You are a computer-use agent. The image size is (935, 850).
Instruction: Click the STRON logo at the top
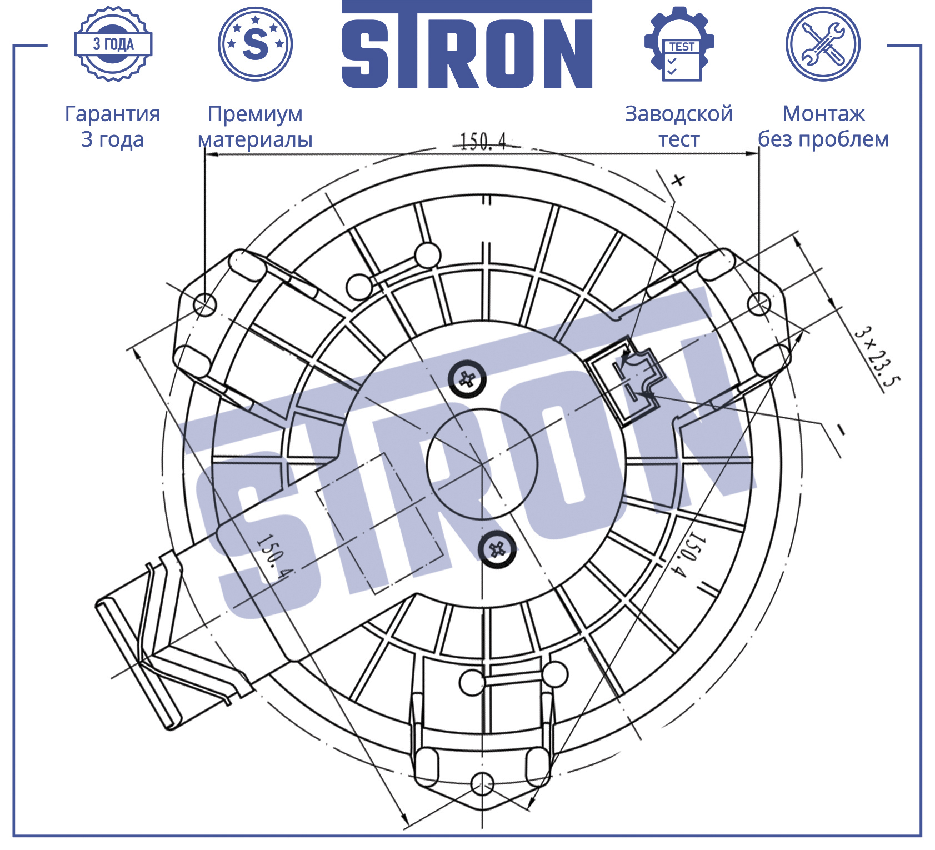(x=467, y=44)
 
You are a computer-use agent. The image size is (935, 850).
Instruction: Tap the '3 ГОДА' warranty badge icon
(x=113, y=44)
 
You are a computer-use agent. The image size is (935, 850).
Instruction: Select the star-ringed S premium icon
(x=255, y=44)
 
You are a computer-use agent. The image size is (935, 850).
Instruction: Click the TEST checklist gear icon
(x=679, y=44)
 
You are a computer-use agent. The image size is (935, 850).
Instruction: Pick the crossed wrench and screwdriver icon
(x=823, y=44)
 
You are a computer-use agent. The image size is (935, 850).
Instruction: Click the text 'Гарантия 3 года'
(x=113, y=126)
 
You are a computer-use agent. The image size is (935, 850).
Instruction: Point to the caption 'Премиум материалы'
(x=255, y=126)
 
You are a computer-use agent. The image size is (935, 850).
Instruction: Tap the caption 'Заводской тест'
(x=679, y=126)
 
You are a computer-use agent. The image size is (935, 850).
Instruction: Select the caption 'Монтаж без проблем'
(x=823, y=126)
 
